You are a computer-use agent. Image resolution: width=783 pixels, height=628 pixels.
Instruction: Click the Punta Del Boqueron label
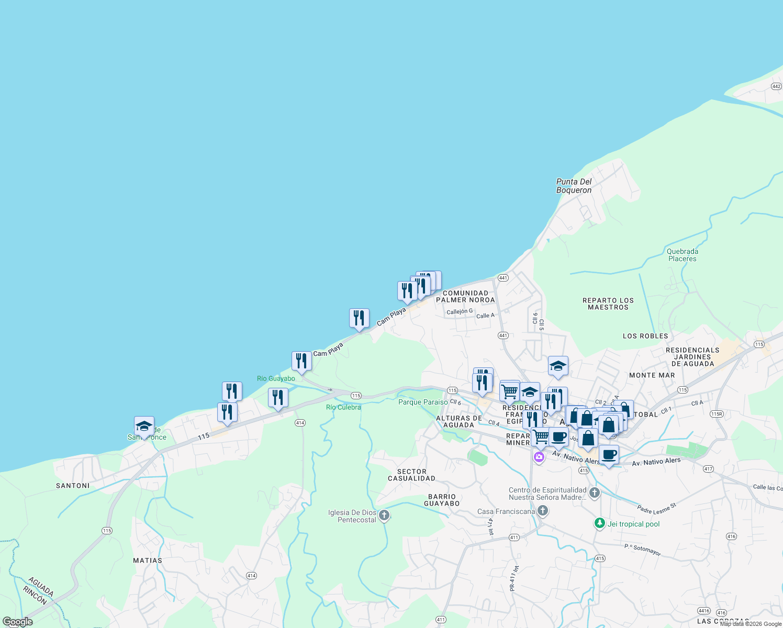point(574,186)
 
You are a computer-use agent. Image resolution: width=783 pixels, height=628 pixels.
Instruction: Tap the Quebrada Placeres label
point(683,255)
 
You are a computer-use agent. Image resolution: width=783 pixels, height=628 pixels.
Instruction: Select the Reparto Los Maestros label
point(608,304)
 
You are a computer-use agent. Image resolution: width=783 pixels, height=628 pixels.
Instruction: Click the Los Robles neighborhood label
point(645,336)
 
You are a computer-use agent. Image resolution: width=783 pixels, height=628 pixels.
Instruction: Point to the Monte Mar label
point(652,375)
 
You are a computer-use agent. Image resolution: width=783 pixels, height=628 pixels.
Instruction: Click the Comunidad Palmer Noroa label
point(465,297)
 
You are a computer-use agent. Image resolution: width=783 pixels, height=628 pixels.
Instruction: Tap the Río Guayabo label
point(276,378)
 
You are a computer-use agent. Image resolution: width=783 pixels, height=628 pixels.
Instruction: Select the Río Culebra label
point(343,407)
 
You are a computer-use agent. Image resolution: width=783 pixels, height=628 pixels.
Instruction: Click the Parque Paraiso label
point(423,402)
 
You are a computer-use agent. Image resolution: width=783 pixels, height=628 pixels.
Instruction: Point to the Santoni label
point(73,486)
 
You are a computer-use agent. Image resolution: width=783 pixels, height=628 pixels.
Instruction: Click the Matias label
point(148,560)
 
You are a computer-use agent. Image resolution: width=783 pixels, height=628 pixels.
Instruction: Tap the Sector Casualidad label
point(411,475)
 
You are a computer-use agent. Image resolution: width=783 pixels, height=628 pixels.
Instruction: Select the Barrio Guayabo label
point(442,500)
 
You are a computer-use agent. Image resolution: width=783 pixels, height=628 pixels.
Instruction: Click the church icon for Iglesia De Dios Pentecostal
point(384,515)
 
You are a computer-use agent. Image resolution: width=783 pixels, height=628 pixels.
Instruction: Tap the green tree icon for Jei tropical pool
point(600,523)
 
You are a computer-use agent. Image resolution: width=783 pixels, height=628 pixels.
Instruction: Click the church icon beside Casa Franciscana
point(543,511)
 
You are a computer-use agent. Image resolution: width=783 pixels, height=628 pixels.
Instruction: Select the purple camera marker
point(539,457)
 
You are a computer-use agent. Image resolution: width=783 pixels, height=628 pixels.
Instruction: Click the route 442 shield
point(776,86)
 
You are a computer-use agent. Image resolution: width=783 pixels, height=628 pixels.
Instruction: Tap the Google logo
point(18,622)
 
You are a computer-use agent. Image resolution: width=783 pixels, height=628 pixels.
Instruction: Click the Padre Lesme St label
point(657,508)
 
